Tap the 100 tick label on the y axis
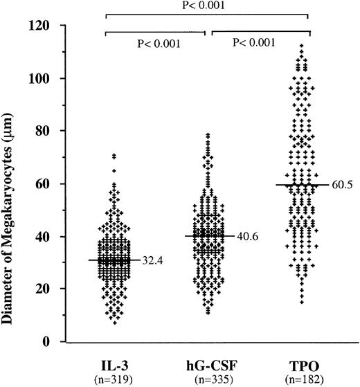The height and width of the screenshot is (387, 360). (x=46, y=78)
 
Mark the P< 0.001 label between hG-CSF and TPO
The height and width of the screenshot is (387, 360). (x=258, y=43)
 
